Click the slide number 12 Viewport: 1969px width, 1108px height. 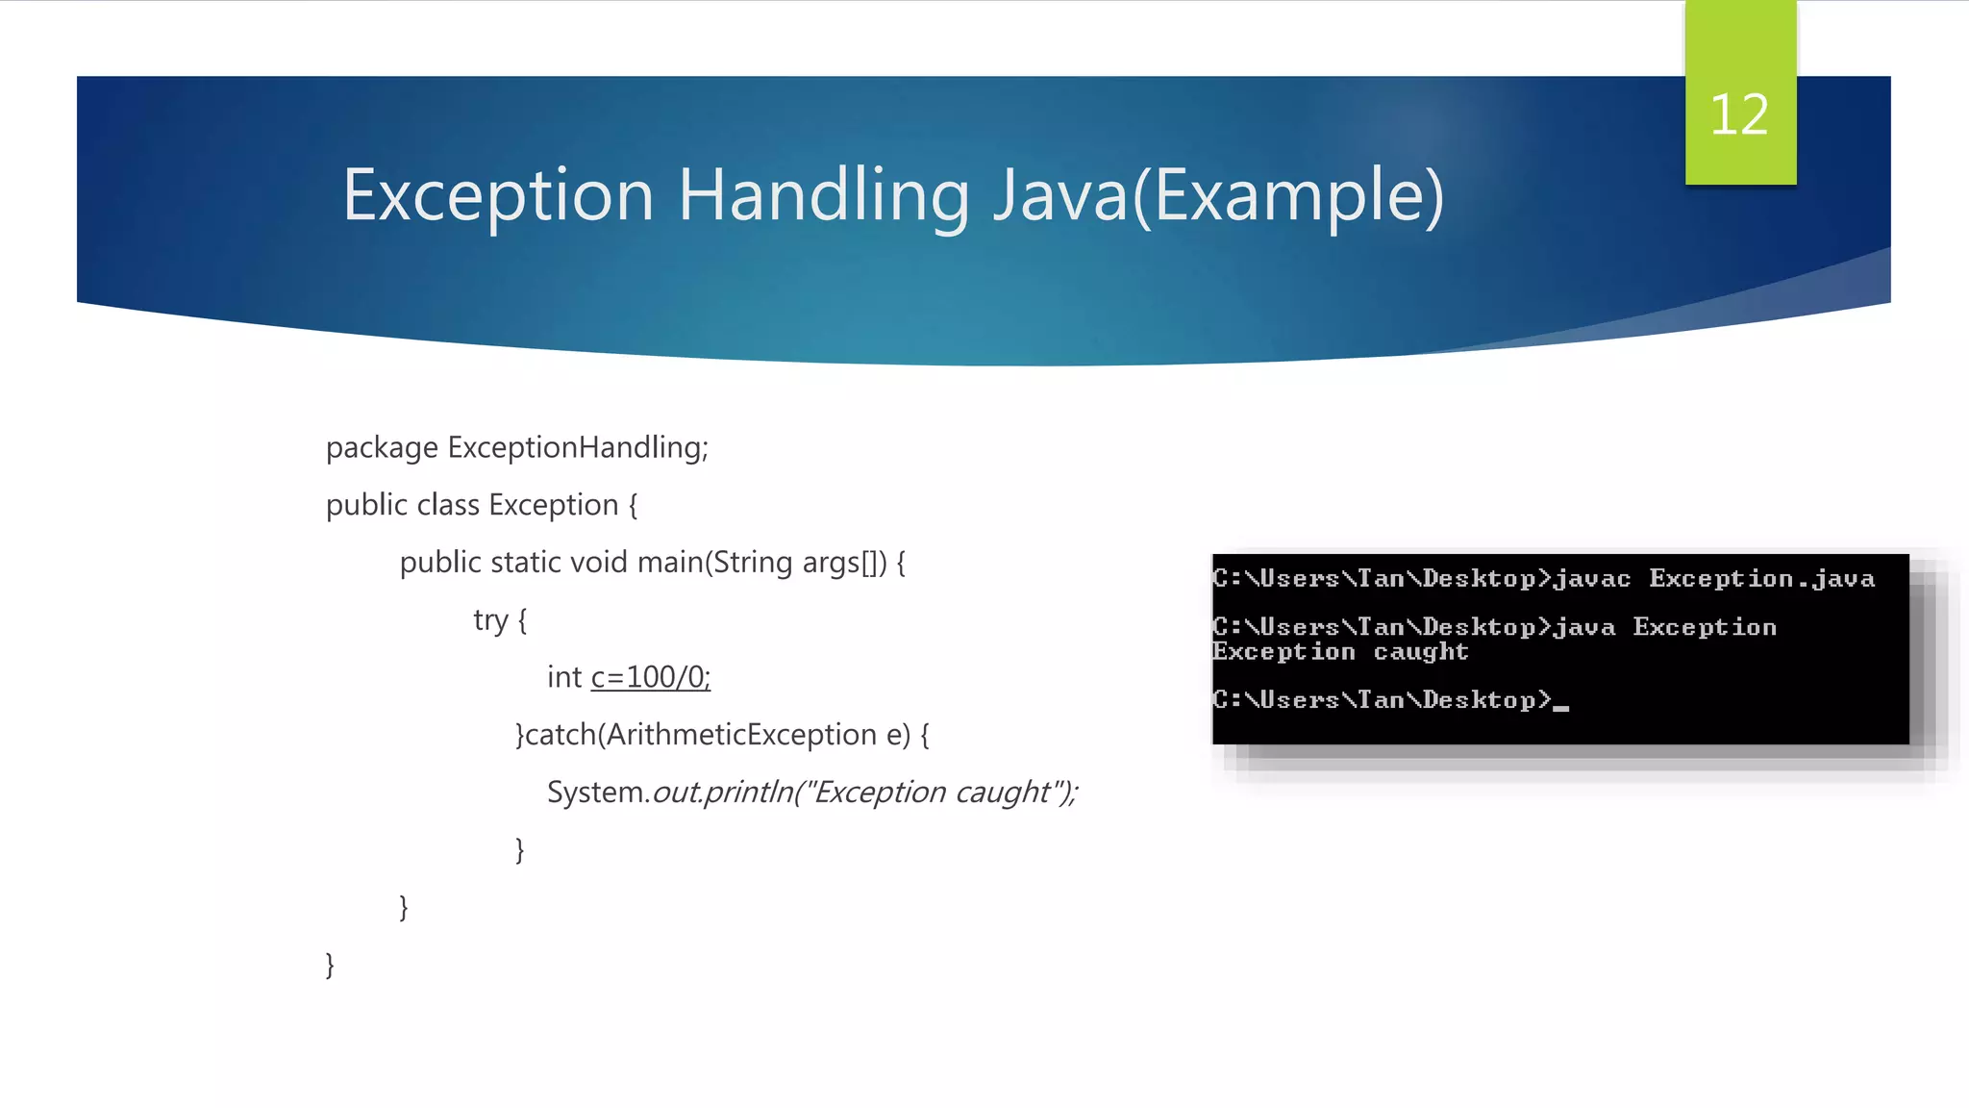[x=1739, y=115]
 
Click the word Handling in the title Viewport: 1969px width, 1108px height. [x=823, y=196]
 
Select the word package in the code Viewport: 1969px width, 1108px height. [x=382, y=448]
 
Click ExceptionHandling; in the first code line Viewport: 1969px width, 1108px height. [x=578, y=447]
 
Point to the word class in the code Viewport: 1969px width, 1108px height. [x=448, y=505]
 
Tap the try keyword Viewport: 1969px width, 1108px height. [x=490, y=620]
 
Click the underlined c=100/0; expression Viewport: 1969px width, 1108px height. [x=650, y=677]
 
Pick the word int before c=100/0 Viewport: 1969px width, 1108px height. [x=563, y=677]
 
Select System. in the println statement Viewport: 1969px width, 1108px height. [x=598, y=793]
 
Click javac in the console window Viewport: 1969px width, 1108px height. [x=1591, y=579]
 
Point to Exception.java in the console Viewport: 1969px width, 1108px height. [x=1761, y=579]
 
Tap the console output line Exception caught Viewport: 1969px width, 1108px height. [x=1340, y=652]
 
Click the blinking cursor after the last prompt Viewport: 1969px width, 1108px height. [x=1561, y=707]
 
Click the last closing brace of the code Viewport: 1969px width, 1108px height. [x=330, y=965]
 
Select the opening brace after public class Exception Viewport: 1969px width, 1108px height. [x=633, y=506]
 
